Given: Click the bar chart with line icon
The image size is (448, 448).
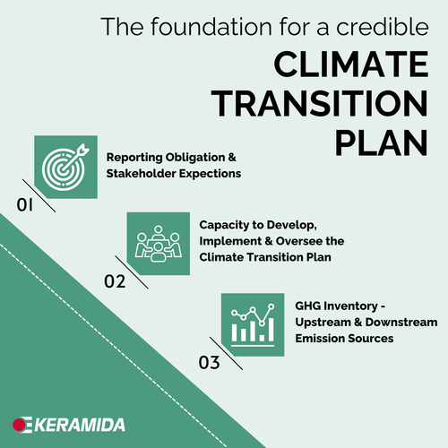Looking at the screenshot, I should coord(251,324).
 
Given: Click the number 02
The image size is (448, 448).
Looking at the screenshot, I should coord(114,282).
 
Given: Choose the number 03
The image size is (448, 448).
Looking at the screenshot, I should coord(209,363).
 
